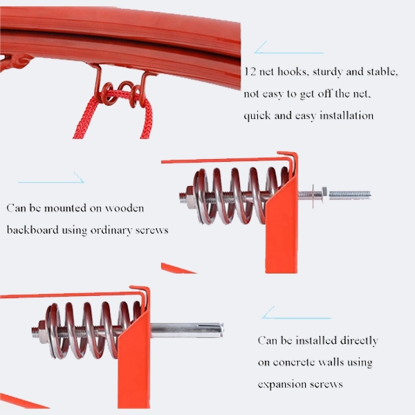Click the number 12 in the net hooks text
(x=250, y=71)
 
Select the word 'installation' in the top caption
(x=347, y=116)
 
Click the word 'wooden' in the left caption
(x=124, y=208)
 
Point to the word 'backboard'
(x=33, y=230)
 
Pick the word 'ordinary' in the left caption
(x=111, y=230)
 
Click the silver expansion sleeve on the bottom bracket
(x=187, y=330)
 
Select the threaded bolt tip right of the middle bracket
(x=350, y=195)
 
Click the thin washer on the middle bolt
(x=313, y=196)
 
